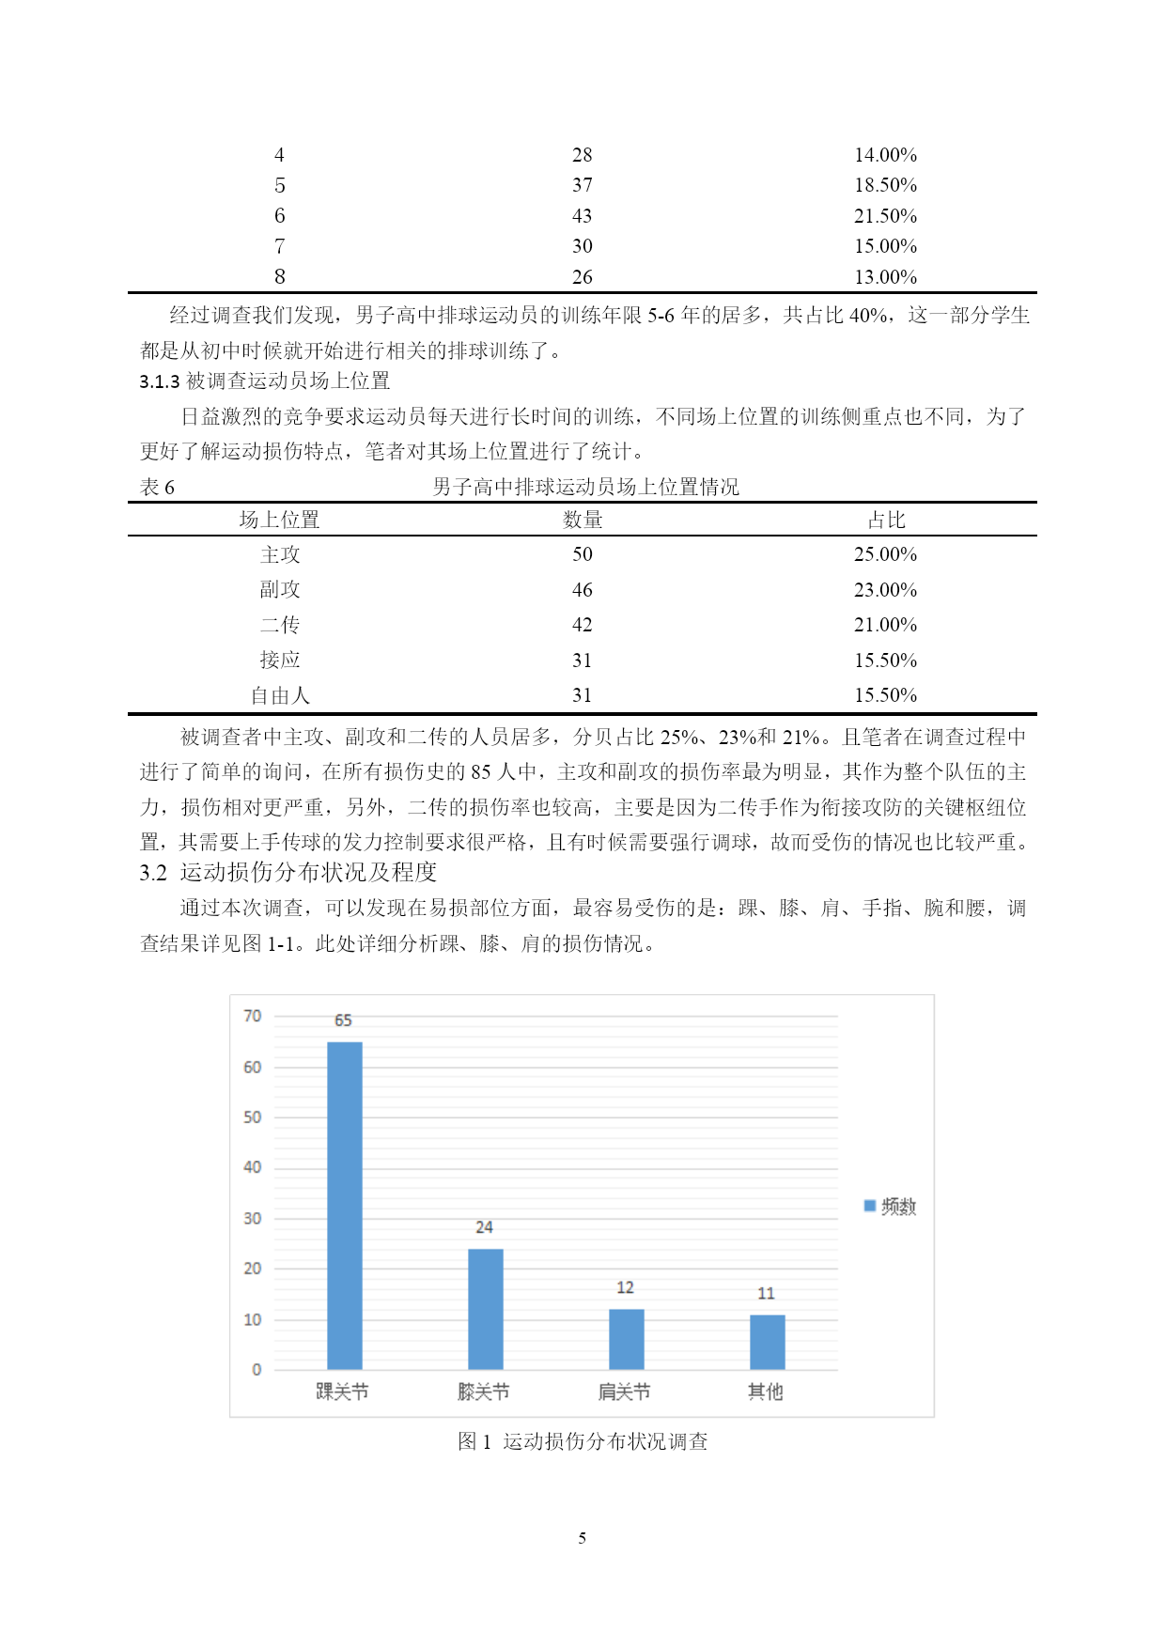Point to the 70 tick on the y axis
coord(252,1016)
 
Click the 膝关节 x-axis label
coord(484,1391)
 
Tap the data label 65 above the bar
coord(343,1020)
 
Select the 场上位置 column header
coord(279,520)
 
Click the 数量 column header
coord(583,520)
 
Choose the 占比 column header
coord(885,520)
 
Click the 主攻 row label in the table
coord(280,554)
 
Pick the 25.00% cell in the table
coord(885,554)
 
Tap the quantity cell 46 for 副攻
coord(583,590)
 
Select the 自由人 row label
coord(280,695)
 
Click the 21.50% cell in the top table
coord(885,216)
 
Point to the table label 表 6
coord(157,487)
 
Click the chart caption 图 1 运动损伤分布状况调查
coord(583,1441)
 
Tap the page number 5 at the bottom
coord(583,1538)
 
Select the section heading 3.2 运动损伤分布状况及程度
coord(288,873)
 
